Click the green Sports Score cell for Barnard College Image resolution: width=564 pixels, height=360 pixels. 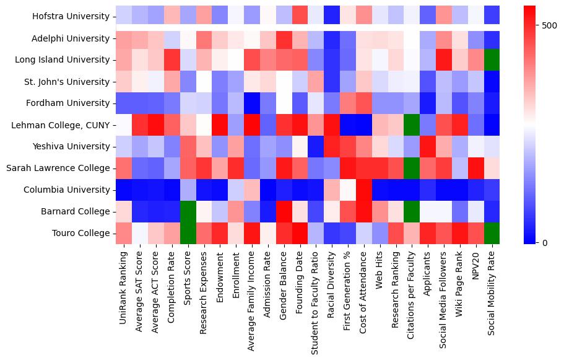188,211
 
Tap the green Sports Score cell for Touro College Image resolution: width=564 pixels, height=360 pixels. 188,233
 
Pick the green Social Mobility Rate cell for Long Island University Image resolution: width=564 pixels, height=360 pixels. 492,60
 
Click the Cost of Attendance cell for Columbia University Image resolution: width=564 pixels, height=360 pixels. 365,190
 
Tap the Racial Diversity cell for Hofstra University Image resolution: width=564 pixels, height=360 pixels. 332,14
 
